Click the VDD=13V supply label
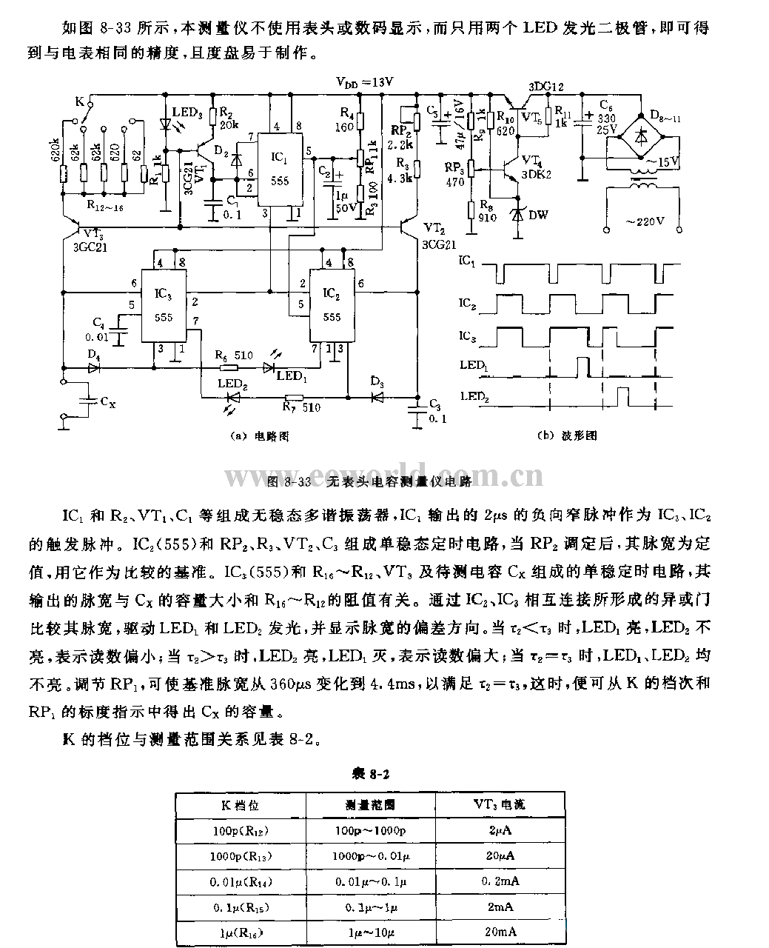(x=363, y=83)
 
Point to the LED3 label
(x=187, y=112)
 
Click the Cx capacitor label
(x=107, y=404)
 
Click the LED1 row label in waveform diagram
(x=474, y=365)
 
